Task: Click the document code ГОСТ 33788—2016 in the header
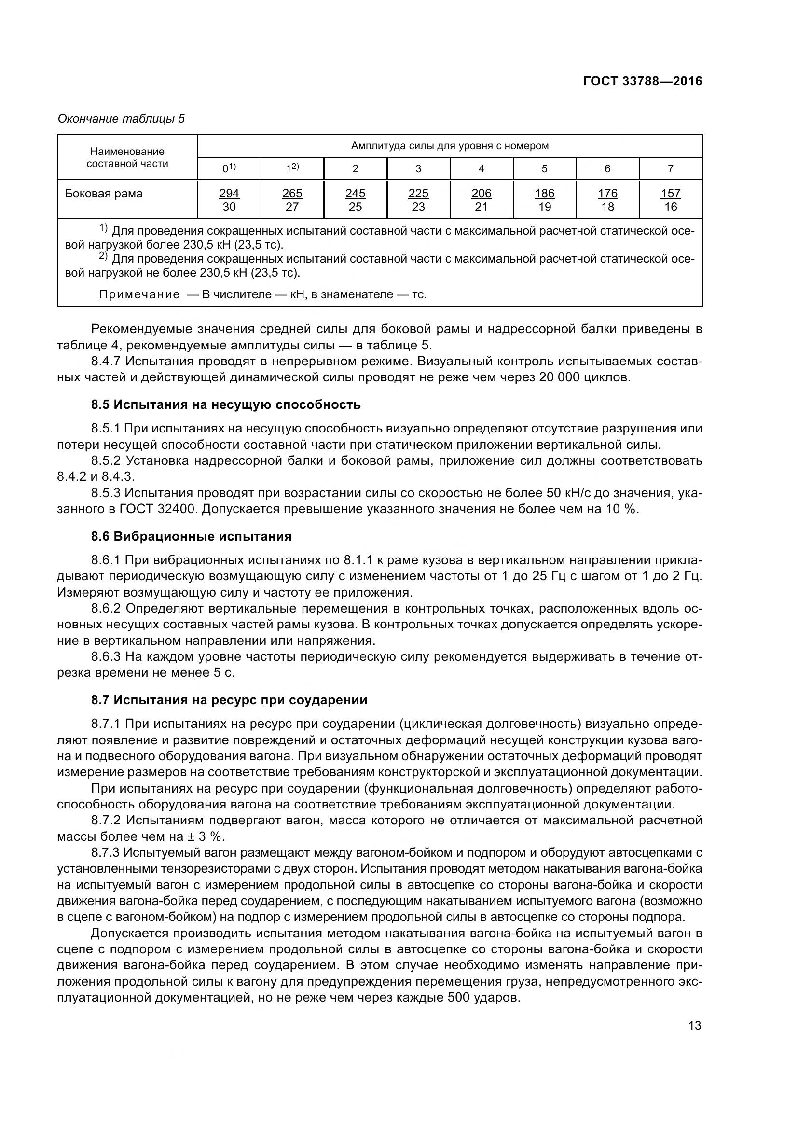pyautogui.click(x=642, y=81)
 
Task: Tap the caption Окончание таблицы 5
pyautogui.click(x=121, y=119)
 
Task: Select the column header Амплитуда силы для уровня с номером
pyautogui.click(x=449, y=146)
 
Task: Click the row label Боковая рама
pyautogui.click(x=104, y=194)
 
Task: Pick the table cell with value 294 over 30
pyautogui.click(x=229, y=200)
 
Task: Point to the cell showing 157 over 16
pyautogui.click(x=670, y=200)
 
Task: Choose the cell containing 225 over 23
pyautogui.click(x=418, y=200)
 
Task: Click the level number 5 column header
pyautogui.click(x=544, y=168)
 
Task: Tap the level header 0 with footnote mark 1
pyautogui.click(x=229, y=168)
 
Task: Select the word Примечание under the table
pyautogui.click(x=139, y=294)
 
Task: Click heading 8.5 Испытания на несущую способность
pyautogui.click(x=225, y=404)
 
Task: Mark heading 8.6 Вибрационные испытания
pyautogui.click(x=191, y=536)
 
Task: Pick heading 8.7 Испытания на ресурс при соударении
pyautogui.click(x=229, y=700)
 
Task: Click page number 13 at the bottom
pyautogui.click(x=695, y=1025)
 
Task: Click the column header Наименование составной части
pyautogui.click(x=127, y=157)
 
